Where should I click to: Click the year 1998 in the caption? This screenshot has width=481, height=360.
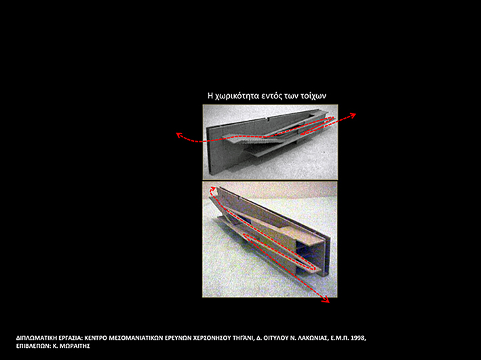[359, 338]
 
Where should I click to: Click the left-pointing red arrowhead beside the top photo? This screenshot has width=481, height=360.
[178, 135]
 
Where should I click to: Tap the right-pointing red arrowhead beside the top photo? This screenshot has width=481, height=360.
[353, 115]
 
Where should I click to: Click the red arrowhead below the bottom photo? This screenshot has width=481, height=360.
[326, 300]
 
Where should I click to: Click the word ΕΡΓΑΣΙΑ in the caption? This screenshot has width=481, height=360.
[71, 338]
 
